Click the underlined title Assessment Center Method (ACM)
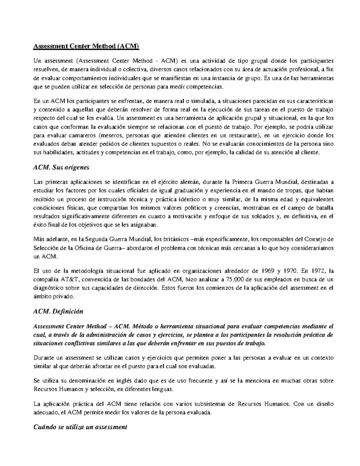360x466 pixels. coord(86,47)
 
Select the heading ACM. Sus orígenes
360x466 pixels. coord(61,167)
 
